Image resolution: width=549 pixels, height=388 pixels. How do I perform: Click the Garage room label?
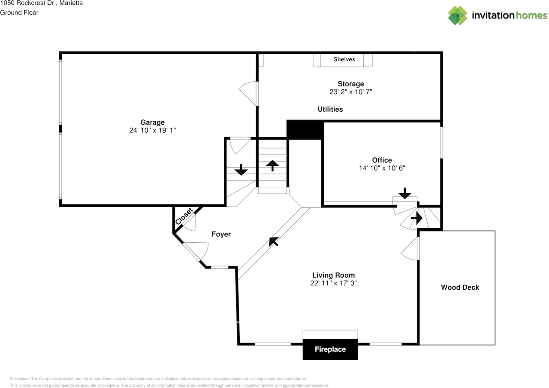[152, 122]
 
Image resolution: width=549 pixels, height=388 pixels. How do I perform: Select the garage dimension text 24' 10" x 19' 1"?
[152, 130]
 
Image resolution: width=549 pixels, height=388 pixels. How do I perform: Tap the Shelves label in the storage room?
[344, 59]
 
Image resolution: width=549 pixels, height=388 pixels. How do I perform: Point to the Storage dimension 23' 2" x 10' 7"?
[350, 92]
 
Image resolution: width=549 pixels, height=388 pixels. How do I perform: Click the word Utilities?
[330, 109]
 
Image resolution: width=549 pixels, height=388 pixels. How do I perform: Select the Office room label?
[382, 160]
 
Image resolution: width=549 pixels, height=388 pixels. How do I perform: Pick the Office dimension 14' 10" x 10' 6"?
[382, 168]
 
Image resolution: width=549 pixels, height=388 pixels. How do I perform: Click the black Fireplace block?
[330, 349]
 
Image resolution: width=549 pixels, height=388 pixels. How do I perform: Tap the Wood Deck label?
[460, 287]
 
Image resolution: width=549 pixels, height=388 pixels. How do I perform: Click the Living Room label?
[333, 275]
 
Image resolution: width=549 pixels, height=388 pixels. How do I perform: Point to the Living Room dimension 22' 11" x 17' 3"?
[333, 283]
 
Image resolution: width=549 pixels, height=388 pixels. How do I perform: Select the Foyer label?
[221, 234]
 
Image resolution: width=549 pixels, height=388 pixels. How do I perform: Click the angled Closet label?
[184, 217]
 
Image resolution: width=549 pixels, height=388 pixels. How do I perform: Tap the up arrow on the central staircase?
[272, 165]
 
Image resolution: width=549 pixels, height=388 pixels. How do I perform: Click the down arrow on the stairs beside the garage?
[241, 170]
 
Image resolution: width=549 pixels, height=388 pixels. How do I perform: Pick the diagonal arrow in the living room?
[273, 241]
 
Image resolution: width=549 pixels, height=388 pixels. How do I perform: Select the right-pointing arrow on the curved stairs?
[416, 219]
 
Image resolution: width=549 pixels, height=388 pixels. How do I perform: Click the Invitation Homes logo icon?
[457, 15]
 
